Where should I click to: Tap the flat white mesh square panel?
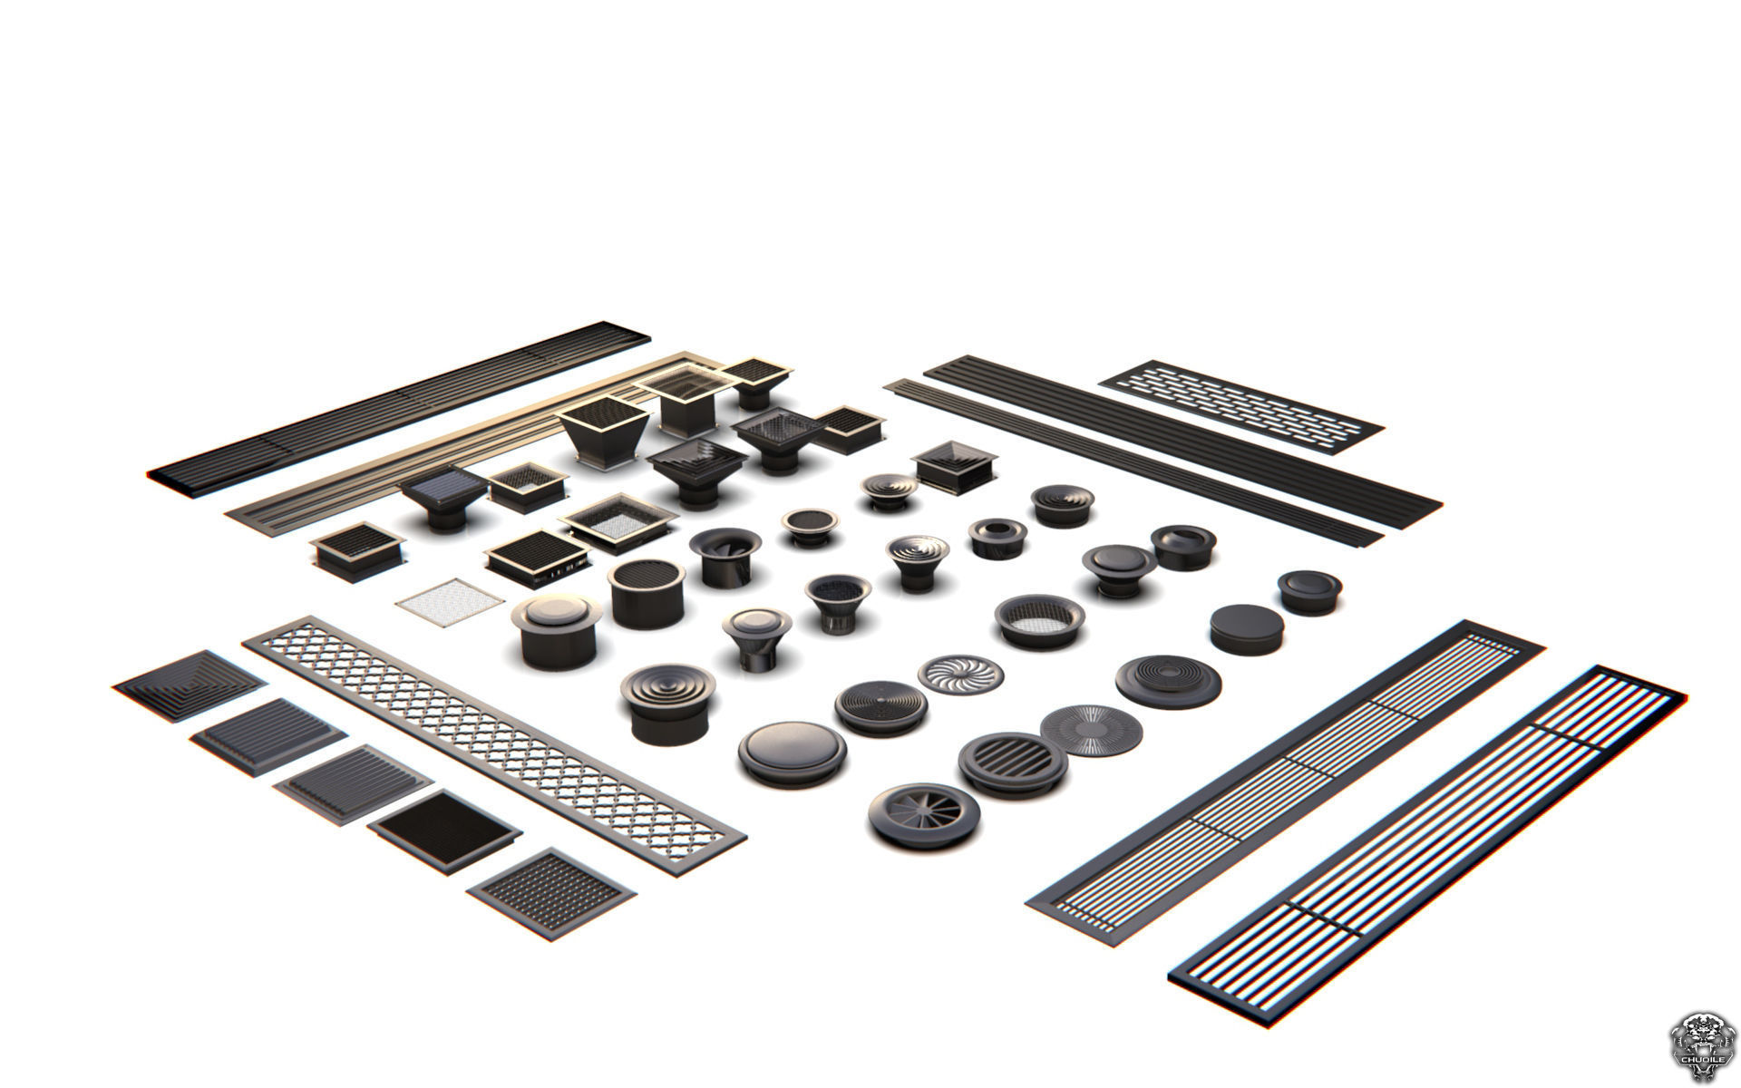pyautogui.click(x=450, y=600)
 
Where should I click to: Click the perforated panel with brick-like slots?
pyautogui.click(x=1242, y=405)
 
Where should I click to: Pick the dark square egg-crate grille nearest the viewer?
pyautogui.click(x=551, y=886)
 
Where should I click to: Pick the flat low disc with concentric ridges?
pyautogui.click(x=1167, y=678)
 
